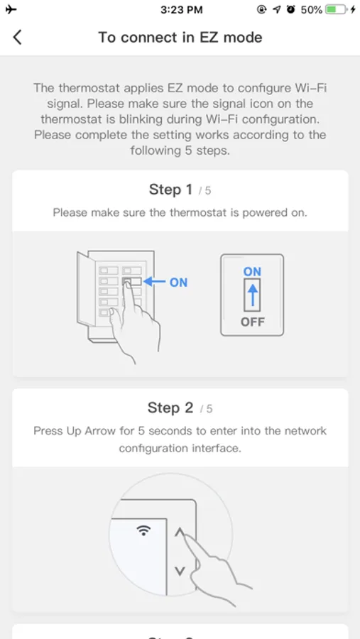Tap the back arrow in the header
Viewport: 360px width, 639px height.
tap(17, 37)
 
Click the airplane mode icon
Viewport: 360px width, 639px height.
tap(11, 10)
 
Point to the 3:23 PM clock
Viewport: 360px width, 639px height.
tap(182, 10)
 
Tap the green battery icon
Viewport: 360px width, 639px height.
tap(336, 10)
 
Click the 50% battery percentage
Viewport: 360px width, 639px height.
tap(312, 10)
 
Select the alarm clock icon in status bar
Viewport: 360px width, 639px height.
tap(290, 10)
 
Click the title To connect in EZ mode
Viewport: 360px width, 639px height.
tap(180, 38)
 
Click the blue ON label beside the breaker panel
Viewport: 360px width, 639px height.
tap(178, 282)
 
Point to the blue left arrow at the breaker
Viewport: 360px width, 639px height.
tap(154, 282)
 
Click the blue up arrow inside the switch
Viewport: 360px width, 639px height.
tap(252, 294)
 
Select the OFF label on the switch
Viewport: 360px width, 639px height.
tap(252, 322)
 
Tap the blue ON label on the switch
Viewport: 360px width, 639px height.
tap(252, 272)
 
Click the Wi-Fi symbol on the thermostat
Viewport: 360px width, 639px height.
tap(143, 530)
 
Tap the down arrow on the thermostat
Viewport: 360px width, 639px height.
tap(180, 571)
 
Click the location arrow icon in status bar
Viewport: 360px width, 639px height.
tap(277, 10)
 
